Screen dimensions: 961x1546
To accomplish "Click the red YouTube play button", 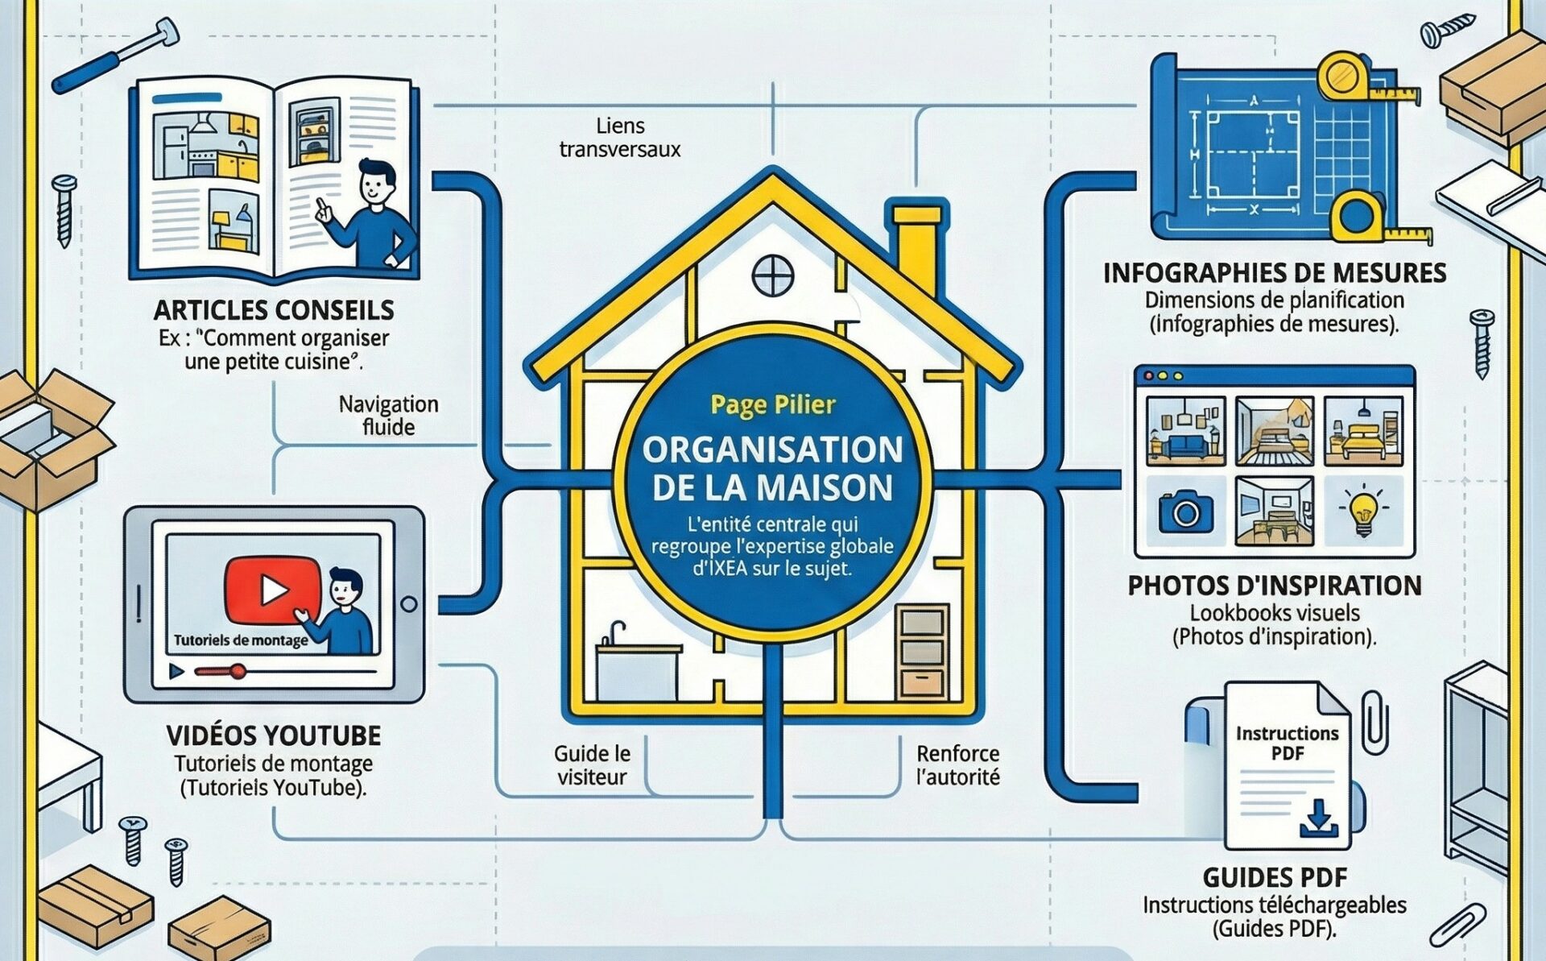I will click(x=273, y=590).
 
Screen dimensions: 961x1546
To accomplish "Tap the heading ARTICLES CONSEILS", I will click(x=274, y=310).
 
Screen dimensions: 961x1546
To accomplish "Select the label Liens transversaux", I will click(x=619, y=138).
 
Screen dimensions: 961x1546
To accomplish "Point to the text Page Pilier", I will click(x=773, y=404).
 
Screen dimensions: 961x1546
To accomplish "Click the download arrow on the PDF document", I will click(x=1318, y=818).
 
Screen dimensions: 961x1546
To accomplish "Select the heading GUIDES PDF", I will click(x=1275, y=877).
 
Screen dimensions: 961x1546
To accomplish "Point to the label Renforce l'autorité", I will click(x=957, y=765).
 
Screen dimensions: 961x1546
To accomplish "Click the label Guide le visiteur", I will click(x=592, y=765).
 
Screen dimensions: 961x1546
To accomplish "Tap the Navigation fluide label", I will click(x=388, y=415).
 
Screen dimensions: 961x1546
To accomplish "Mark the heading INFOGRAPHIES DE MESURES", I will click(x=1274, y=273).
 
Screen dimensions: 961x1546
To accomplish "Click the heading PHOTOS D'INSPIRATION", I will click(x=1274, y=586).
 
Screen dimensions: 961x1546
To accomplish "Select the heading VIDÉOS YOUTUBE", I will click(x=274, y=735).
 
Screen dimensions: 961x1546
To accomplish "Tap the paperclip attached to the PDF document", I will click(x=1374, y=722).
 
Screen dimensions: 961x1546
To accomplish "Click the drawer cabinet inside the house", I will click(x=922, y=652).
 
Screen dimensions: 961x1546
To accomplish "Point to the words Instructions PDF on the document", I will click(x=1287, y=743).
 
